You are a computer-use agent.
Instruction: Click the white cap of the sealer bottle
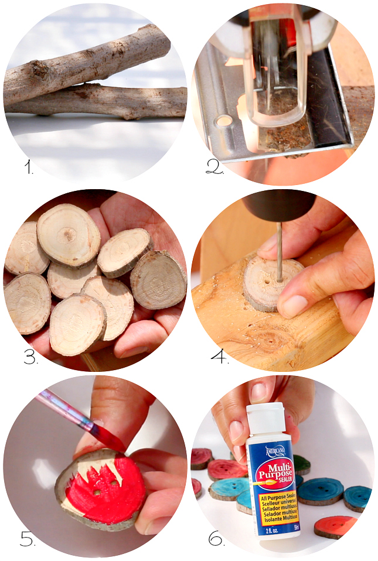coord(264,417)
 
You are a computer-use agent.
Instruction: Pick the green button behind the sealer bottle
coord(302,464)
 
